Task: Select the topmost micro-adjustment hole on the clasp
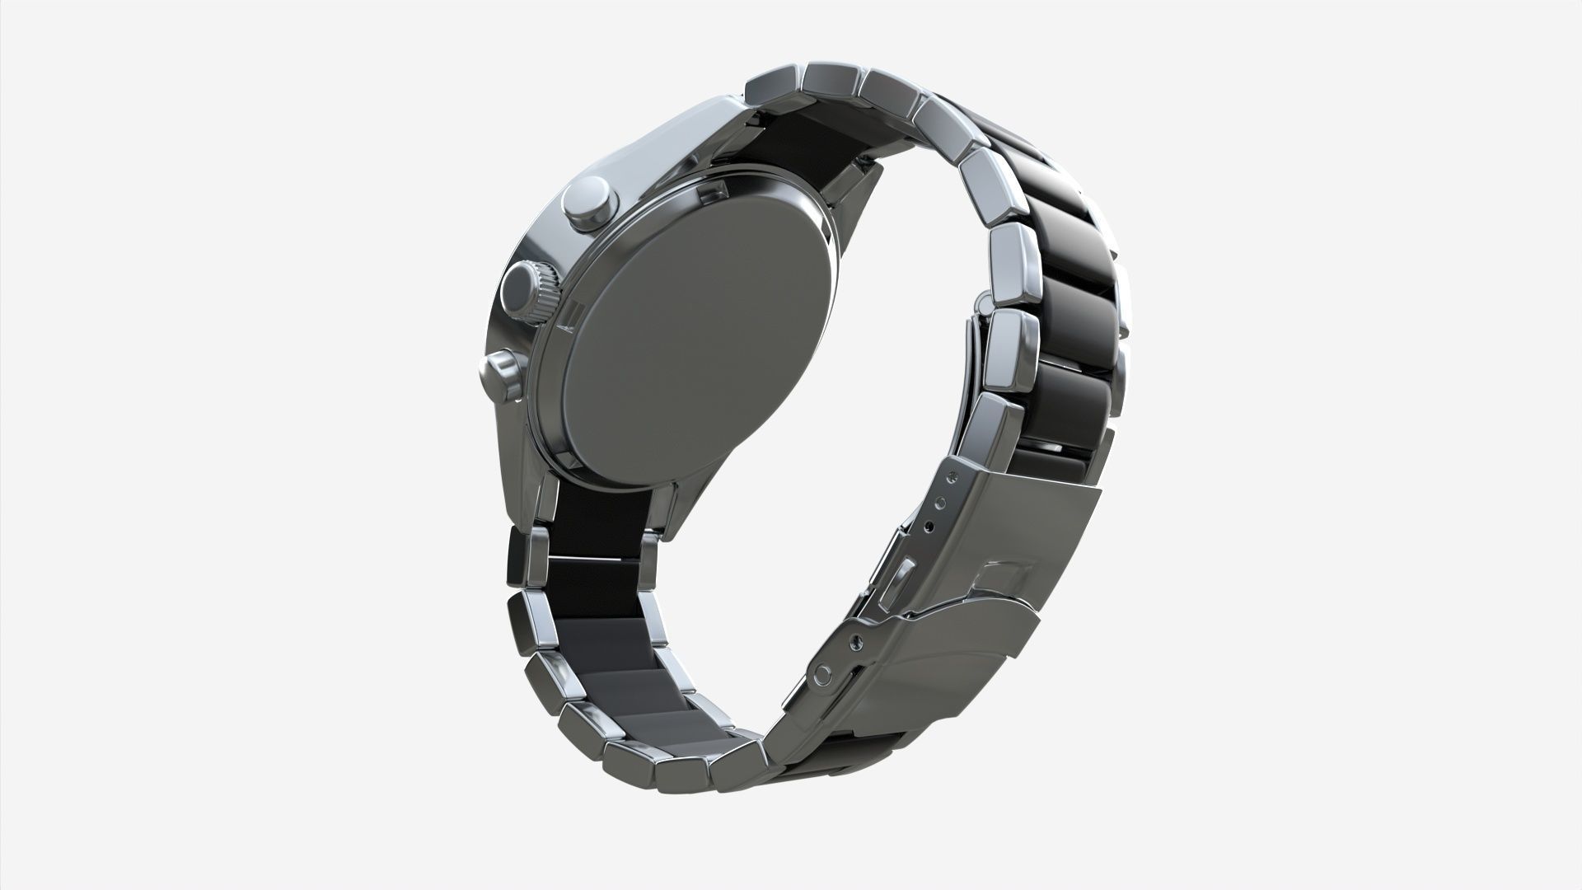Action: click(x=953, y=477)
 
